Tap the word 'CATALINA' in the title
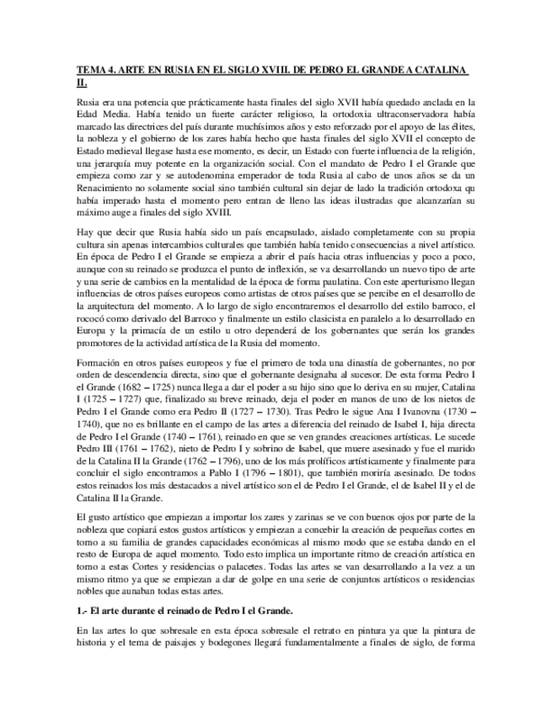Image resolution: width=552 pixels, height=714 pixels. click(444, 69)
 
